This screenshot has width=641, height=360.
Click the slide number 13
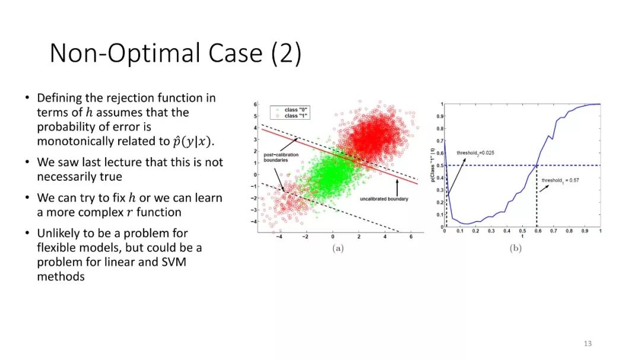click(588, 343)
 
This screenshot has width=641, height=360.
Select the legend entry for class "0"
click(291, 110)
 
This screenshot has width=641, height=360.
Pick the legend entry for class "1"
click(291, 116)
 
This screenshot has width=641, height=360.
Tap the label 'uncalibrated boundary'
click(384, 199)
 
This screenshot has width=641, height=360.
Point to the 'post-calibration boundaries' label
click(281, 157)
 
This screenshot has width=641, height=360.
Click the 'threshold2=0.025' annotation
click(475, 153)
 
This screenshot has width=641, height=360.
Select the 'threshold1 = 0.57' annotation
click(560, 180)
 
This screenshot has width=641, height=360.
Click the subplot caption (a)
click(338, 248)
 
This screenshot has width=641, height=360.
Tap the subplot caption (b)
click(516, 248)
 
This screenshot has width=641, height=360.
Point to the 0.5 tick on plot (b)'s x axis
click(522, 231)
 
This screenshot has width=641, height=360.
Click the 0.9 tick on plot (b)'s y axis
click(440, 116)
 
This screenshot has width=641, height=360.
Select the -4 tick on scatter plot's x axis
click(279, 237)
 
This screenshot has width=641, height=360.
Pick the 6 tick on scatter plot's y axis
click(255, 104)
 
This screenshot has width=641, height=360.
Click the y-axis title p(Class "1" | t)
click(433, 165)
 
